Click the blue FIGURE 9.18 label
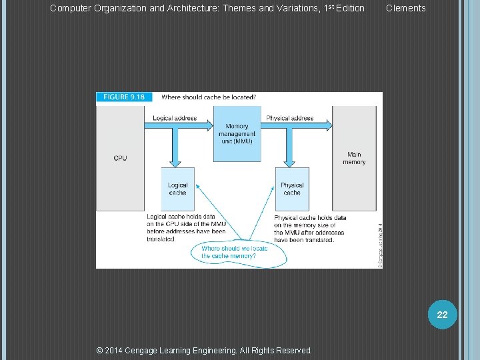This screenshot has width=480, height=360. [124, 97]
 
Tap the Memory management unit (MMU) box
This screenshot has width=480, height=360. [237, 134]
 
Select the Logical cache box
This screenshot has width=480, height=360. [178, 189]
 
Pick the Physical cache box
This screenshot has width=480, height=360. [292, 189]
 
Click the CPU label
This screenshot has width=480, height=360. [120, 158]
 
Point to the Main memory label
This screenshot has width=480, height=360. [354, 158]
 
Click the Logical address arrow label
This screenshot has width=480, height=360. [175, 118]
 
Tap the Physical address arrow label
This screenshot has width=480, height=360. [289, 118]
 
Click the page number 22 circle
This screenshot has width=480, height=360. [442, 315]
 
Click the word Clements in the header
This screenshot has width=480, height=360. [405, 8]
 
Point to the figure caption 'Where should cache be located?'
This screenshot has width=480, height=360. [208, 97]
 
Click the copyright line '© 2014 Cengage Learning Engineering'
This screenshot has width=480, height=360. [204, 350]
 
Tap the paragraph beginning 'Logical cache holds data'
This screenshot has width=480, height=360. [186, 228]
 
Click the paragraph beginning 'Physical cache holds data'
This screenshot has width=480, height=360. [310, 229]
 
